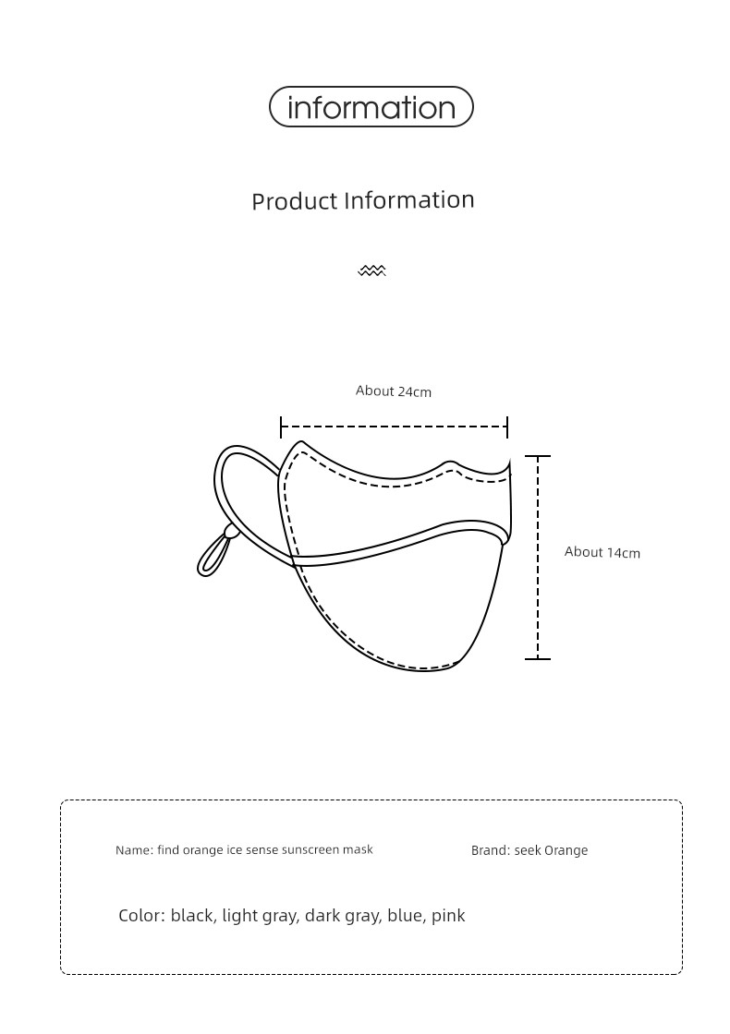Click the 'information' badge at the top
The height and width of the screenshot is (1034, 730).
click(x=371, y=107)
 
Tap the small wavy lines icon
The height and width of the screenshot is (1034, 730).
click(x=371, y=271)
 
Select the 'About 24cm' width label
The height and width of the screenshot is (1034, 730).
click(x=394, y=391)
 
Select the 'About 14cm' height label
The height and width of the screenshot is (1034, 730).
click(x=602, y=552)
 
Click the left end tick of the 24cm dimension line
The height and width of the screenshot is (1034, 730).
click(x=281, y=427)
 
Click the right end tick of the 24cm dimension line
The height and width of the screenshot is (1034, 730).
click(x=507, y=427)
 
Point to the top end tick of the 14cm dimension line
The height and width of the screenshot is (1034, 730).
click(x=537, y=456)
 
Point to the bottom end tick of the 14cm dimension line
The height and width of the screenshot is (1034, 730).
click(x=537, y=658)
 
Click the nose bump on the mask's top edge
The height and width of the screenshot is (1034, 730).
click(x=449, y=464)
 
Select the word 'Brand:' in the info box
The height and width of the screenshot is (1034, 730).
click(x=491, y=850)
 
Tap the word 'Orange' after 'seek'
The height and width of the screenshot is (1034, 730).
click(x=566, y=850)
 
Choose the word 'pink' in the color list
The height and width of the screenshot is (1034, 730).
click(x=448, y=916)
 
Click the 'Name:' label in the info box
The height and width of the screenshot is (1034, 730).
click(x=134, y=850)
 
